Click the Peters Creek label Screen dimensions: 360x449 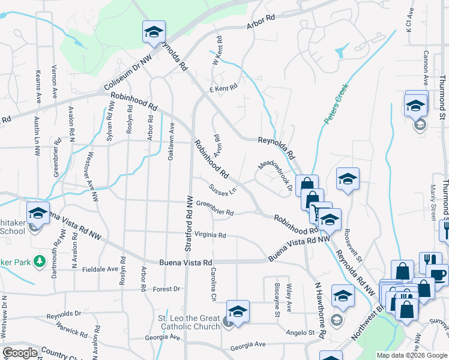coord(337,104)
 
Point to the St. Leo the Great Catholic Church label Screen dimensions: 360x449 coord(188,322)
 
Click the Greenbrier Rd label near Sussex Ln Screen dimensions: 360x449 coord(214,208)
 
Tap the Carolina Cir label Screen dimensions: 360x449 coord(214,285)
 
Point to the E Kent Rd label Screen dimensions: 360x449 coord(223,88)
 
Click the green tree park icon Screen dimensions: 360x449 coord(40,262)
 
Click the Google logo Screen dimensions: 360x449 coord(20,353)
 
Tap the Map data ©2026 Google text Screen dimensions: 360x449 coord(411,355)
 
